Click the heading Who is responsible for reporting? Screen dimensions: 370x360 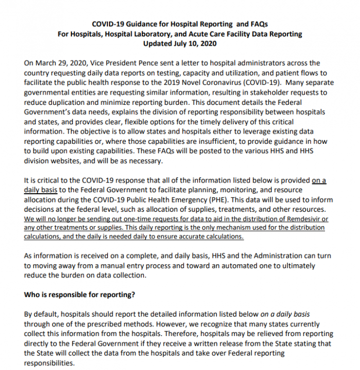click(x=80, y=295)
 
